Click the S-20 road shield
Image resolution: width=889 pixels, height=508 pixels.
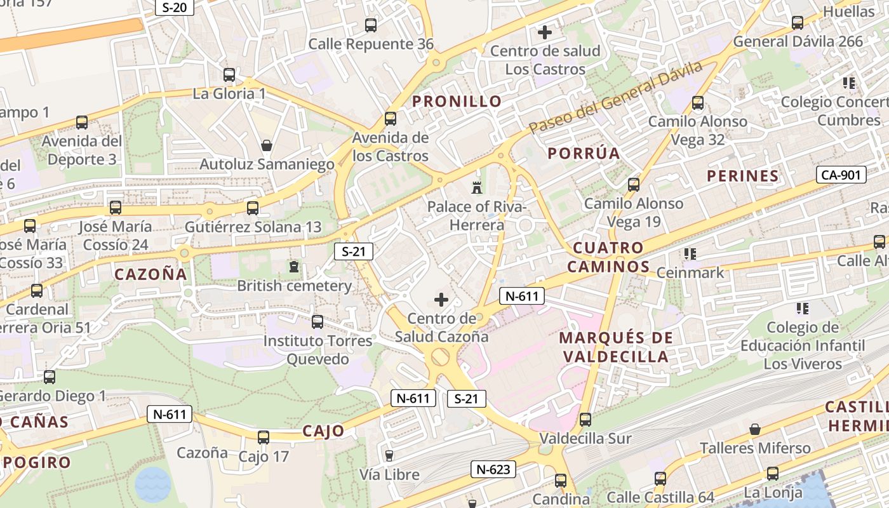(x=174, y=7)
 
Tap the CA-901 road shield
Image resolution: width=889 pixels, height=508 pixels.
(x=841, y=175)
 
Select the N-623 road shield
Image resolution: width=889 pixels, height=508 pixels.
(x=493, y=469)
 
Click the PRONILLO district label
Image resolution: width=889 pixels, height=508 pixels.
(x=457, y=101)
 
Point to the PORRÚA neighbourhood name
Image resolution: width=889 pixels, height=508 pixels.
(x=584, y=153)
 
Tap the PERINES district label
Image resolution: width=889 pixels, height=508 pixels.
(x=742, y=176)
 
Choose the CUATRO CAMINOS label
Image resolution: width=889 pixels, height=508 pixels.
(x=608, y=257)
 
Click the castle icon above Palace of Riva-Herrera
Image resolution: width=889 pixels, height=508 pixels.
(x=476, y=187)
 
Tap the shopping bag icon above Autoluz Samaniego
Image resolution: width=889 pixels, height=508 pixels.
(x=267, y=145)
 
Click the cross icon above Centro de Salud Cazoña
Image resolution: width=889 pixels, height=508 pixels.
(x=441, y=299)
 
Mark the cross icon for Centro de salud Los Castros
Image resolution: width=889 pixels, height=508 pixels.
(x=544, y=32)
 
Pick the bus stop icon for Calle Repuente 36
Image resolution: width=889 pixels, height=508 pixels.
(x=371, y=25)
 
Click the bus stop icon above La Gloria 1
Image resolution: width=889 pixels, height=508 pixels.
(x=229, y=75)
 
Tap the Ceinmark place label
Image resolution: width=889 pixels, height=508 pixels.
(x=690, y=272)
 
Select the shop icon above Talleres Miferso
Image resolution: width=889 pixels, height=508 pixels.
(x=755, y=429)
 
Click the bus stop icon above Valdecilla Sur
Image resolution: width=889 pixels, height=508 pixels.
(x=585, y=420)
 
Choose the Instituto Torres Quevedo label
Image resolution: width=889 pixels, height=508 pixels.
(x=318, y=350)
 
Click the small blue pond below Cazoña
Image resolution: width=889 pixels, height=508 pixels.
(x=153, y=484)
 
